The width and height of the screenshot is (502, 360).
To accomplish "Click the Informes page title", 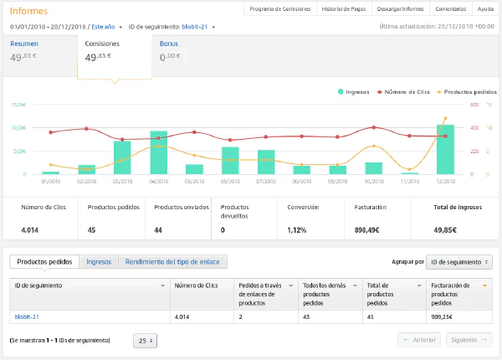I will pyautogui.click(x=28, y=11).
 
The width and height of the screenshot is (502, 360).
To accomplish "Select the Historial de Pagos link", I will pyautogui.click(x=343, y=9).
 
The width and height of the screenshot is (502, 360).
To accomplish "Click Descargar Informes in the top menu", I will pyautogui.click(x=401, y=9).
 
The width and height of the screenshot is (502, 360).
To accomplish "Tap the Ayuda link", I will pyautogui.click(x=484, y=9).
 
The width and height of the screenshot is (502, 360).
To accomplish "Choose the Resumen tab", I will pyautogui.click(x=23, y=43).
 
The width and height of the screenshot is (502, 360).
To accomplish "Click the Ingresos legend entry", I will pyautogui.click(x=357, y=91).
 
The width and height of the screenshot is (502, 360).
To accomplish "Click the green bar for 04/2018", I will pyautogui.click(x=158, y=152).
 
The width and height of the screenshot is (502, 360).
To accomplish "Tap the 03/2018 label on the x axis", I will pyautogui.click(x=122, y=180).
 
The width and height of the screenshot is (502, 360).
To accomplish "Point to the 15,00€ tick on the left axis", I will pyautogui.click(x=18, y=105).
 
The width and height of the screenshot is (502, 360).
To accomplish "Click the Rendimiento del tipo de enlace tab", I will pyautogui.click(x=172, y=262).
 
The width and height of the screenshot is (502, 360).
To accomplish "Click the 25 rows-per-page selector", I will pyautogui.click(x=145, y=341).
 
